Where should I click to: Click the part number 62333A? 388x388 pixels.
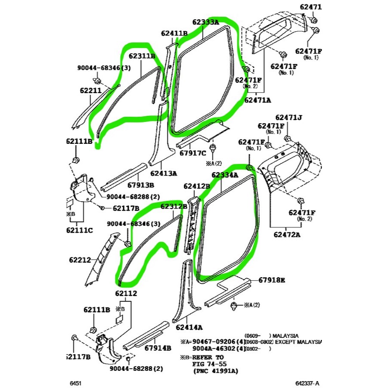click(x=206, y=22)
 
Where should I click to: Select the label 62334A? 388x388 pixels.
click(x=224, y=175)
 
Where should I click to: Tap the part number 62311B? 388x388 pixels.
click(x=142, y=56)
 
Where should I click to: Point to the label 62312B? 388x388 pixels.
click(x=174, y=206)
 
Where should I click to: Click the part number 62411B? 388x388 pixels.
click(x=174, y=33)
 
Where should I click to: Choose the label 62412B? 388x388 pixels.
click(x=197, y=186)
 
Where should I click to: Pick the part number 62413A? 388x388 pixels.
click(x=164, y=173)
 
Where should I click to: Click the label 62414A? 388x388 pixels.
click(x=189, y=327)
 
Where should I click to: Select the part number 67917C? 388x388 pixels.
click(x=193, y=152)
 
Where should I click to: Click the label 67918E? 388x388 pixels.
click(x=272, y=280)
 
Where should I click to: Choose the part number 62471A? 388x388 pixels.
click(x=258, y=100)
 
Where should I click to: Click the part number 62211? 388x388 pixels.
click(x=91, y=91)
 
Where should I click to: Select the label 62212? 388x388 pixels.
click(x=80, y=260)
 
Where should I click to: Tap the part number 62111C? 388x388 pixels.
click(x=79, y=230)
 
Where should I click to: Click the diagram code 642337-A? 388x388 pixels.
click(x=308, y=382)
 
